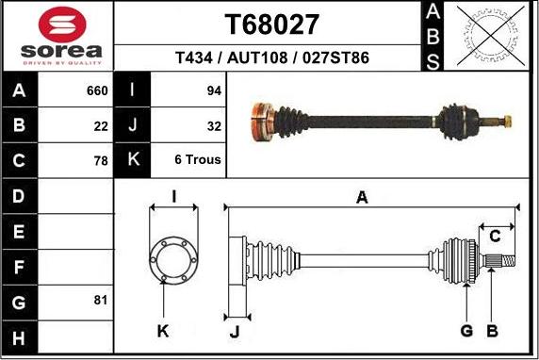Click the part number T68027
coord(271,25)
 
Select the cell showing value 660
coord(97,91)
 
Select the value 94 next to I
coord(213,91)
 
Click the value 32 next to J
coord(213,125)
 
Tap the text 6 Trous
coord(198,160)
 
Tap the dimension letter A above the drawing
coord(361,197)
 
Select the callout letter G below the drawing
coord(466,330)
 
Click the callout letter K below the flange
coord(163,330)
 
